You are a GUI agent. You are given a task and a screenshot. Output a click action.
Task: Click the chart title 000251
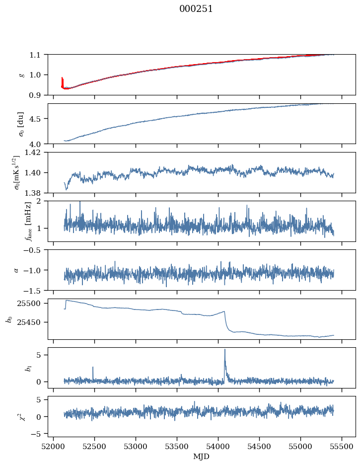[196, 9]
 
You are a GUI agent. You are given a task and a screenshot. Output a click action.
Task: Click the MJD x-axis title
[202, 457]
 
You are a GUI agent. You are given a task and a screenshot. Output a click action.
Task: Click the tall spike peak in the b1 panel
[225, 349]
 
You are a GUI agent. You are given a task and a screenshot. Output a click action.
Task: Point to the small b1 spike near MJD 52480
[93, 368]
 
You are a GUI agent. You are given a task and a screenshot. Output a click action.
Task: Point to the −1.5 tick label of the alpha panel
[36, 290]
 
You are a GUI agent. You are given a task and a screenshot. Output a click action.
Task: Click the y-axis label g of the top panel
[21, 75]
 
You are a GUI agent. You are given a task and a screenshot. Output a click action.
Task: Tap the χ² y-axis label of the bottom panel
[21, 416]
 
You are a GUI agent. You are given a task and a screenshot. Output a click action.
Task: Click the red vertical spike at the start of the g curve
[62, 81]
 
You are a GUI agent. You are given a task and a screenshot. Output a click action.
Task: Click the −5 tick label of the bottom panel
[38, 434]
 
